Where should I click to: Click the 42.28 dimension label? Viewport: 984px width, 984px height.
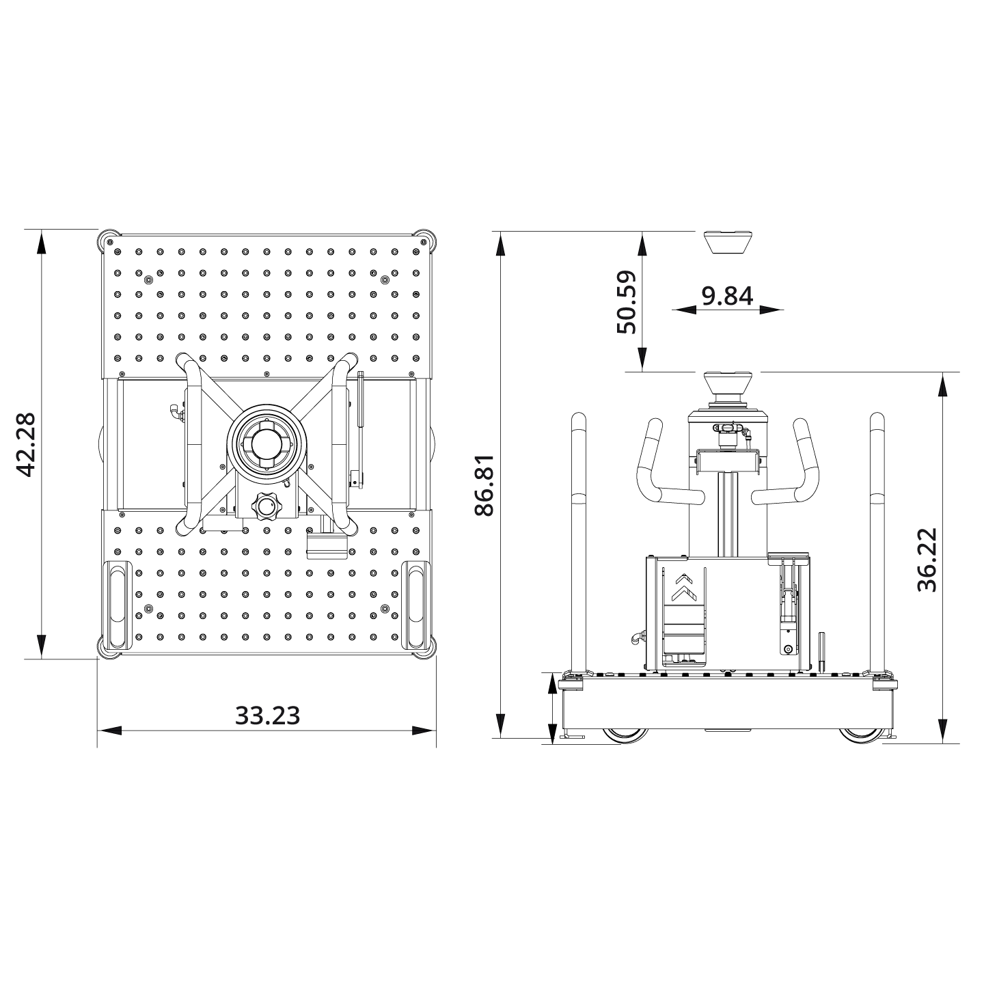coord(26,445)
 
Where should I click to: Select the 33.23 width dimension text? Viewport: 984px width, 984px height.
coord(267,715)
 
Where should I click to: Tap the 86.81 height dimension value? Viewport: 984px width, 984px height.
coord(484,484)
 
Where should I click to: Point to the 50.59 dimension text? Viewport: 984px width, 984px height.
coord(626,302)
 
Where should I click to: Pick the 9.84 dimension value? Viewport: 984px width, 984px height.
coord(727,296)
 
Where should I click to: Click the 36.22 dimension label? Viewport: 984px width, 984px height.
coord(927,560)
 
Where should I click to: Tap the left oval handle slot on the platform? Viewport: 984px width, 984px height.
coord(118,605)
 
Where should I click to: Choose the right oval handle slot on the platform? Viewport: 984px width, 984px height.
coord(415,605)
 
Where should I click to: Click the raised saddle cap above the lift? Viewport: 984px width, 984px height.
coord(728,241)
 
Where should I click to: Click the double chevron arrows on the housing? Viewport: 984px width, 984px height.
coord(681,584)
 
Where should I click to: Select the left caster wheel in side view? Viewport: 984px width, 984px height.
coord(625,735)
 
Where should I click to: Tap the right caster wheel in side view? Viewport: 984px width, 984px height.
coord(862,735)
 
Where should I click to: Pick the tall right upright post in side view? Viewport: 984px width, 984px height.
coord(877,540)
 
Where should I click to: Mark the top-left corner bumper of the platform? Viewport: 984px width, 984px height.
coord(109,240)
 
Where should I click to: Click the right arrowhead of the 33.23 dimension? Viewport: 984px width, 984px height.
coord(424,730)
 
